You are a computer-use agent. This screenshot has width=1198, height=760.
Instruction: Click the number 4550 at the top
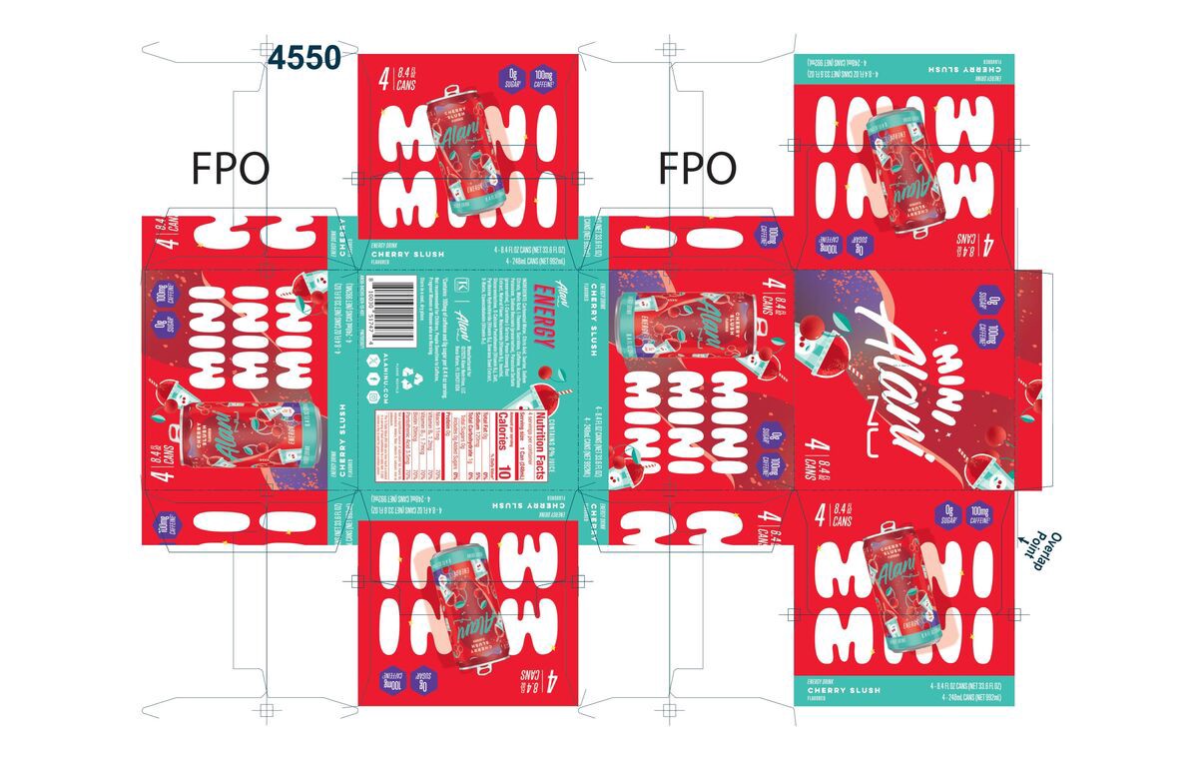coord(304,58)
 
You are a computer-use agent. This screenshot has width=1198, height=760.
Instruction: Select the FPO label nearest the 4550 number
coord(230,170)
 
